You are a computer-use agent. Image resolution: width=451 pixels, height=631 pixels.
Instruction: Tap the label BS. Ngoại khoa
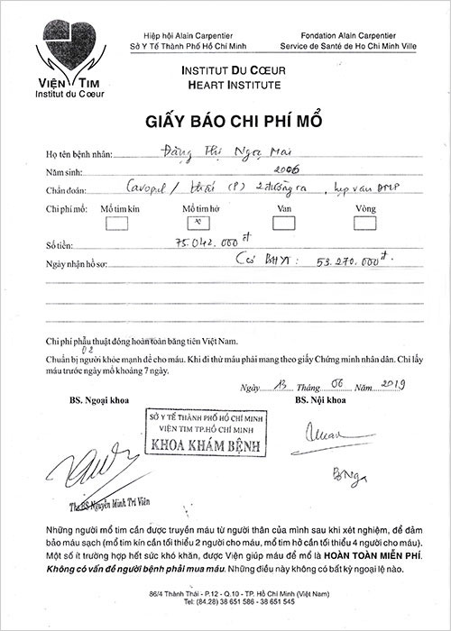pyautogui.click(x=96, y=398)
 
